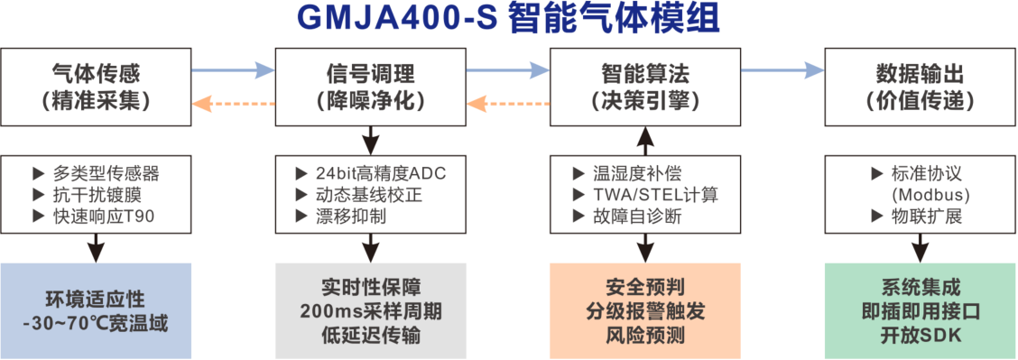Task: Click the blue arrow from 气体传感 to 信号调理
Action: tap(232, 69)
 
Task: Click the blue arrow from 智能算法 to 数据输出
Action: tap(782, 69)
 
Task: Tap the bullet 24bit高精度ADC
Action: tap(379, 172)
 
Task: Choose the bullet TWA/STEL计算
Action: tap(655, 194)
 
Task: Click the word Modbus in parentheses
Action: tap(930, 194)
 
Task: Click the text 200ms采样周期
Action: tap(370, 312)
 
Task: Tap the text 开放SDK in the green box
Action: tap(920, 335)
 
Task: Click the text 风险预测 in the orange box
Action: tap(644, 335)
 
